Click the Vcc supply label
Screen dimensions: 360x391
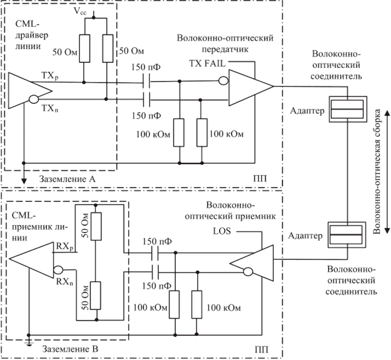pyautogui.click(x=95, y=10)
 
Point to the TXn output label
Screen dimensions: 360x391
pyautogui.click(x=50, y=108)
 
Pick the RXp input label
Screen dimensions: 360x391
pyautogui.click(x=64, y=247)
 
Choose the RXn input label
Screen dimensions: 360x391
pyautogui.click(x=64, y=282)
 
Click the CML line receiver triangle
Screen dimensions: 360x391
pyautogui.click(x=33, y=258)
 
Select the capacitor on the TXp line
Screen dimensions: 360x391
pyautogui.click(x=146, y=83)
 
